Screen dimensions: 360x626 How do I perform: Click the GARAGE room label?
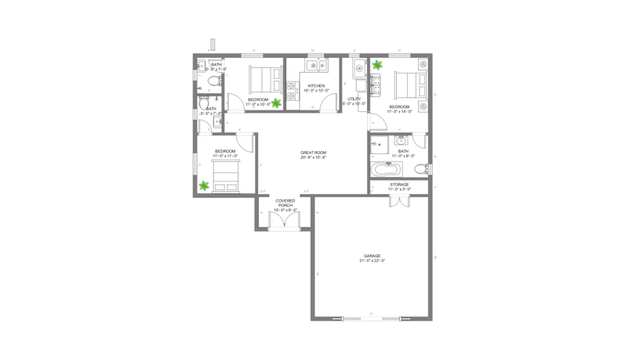(x=372, y=257)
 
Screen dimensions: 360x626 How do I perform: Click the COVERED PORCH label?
(x=283, y=206)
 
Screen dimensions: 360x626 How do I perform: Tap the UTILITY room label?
(x=354, y=100)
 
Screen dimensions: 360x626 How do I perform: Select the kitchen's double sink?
(x=312, y=66)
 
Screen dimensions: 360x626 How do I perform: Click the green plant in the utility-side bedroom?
(x=377, y=65)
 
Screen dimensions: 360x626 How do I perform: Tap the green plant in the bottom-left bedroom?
(x=204, y=185)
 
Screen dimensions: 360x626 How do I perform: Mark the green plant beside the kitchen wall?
(x=275, y=101)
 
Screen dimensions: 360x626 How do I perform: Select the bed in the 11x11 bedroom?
(x=227, y=175)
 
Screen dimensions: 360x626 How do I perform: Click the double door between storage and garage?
(x=399, y=201)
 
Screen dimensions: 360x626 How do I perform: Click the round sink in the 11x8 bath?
(x=402, y=142)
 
